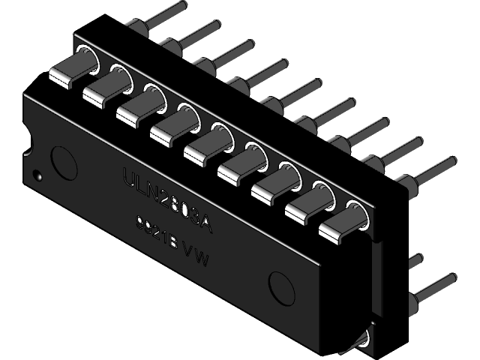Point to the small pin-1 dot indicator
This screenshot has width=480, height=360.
tap(37, 177)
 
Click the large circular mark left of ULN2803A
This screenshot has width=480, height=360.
tap(62, 160)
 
